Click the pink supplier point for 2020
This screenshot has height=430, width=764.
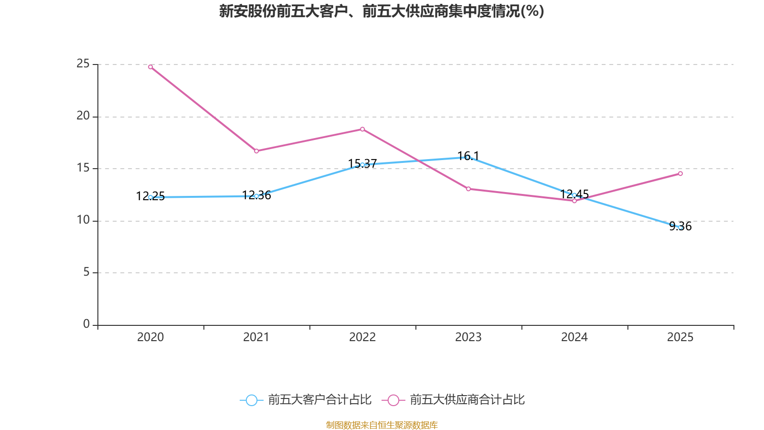(x=150, y=67)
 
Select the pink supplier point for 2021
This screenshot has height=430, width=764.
(x=256, y=151)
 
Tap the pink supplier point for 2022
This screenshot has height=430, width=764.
(x=362, y=129)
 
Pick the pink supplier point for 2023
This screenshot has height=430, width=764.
(x=468, y=189)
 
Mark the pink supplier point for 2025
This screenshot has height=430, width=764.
(x=680, y=174)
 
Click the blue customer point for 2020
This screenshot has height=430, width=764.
(x=150, y=197)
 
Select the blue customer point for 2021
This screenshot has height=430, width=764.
(x=256, y=196)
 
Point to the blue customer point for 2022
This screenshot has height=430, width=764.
(x=362, y=165)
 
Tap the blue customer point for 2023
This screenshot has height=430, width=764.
(x=468, y=157)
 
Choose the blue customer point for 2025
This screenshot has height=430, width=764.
(x=680, y=227)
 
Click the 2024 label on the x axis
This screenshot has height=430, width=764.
(x=574, y=337)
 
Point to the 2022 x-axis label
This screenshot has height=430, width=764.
(x=362, y=337)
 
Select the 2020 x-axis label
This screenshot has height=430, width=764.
(x=150, y=337)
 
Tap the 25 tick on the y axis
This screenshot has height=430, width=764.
(x=83, y=64)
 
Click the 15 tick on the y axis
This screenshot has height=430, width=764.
(x=83, y=168)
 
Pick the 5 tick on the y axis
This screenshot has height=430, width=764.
(x=86, y=272)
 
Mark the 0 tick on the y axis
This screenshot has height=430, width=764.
(x=86, y=324)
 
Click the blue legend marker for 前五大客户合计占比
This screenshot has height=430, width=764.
(x=251, y=400)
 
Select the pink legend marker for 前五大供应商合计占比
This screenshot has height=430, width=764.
(x=393, y=400)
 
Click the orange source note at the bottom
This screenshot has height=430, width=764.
(x=382, y=425)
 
